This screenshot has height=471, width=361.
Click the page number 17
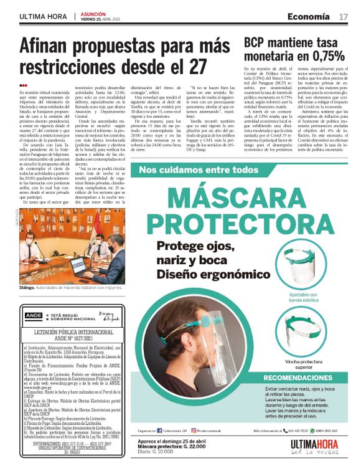coord(343,16)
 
